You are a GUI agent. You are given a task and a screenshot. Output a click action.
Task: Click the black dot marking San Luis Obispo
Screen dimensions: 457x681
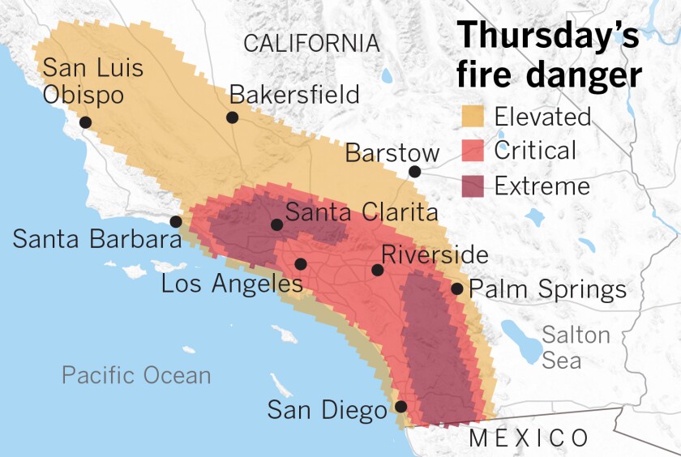pos(85,122)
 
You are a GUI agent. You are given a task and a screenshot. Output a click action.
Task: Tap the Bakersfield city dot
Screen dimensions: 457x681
pos(232,117)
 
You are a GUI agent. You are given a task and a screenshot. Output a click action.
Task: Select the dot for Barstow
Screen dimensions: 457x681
pos(414,171)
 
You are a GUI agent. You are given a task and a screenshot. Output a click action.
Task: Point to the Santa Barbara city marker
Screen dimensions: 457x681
pos(175,222)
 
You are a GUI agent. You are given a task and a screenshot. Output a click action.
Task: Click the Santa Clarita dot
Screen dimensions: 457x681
pos(276,224)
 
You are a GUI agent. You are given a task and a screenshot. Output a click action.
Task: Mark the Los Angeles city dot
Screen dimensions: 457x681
pos(301,264)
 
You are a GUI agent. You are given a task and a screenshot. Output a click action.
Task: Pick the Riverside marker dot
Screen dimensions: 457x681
pos(377,270)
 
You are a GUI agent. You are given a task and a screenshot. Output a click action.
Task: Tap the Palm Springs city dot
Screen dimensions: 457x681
pos(456,288)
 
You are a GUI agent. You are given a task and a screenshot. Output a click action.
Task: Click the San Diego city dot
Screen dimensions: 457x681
pos(400,407)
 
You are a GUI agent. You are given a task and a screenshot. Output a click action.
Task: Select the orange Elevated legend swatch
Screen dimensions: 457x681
pos(471,117)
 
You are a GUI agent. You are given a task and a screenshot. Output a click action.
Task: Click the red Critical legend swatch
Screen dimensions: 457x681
pos(471,151)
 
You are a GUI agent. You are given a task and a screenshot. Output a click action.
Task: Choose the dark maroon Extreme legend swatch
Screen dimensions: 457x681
pos(471,186)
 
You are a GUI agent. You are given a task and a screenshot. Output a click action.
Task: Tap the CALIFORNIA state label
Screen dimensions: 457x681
pos(311,44)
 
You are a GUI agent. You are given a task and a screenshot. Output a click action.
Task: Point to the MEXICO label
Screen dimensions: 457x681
pos(529,438)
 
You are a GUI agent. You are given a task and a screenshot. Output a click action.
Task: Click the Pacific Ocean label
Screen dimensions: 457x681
pos(136,375)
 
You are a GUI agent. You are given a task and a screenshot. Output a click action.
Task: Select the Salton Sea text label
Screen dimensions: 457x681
pos(576,347)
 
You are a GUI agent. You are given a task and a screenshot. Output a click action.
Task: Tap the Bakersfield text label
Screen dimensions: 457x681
pos(294,95)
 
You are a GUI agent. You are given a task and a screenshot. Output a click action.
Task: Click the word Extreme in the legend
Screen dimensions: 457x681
pos(542,186)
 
